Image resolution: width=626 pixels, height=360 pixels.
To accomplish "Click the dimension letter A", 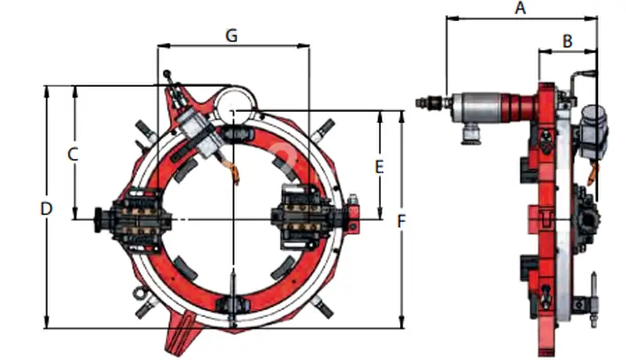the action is (x=520, y=8).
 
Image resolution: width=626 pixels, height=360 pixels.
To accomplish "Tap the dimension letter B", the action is (x=567, y=41).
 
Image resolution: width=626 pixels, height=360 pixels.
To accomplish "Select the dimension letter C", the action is (x=73, y=154).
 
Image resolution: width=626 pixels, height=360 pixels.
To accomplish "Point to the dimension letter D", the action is (x=47, y=209).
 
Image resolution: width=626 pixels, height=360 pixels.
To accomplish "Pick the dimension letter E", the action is (x=380, y=167).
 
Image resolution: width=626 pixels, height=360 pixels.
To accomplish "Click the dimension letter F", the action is (x=401, y=221).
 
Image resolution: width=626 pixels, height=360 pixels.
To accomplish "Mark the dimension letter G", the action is (x=232, y=35).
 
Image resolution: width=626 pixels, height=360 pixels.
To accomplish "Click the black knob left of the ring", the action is (x=99, y=220).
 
